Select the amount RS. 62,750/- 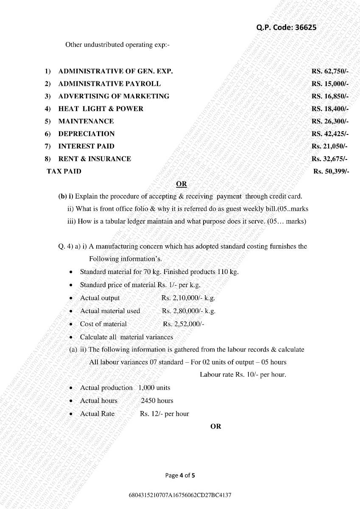[x=330, y=71]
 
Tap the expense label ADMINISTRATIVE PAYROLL [x=109, y=84]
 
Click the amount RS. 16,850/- [x=330, y=96]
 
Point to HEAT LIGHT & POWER [x=100, y=109]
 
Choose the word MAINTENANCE [x=86, y=121]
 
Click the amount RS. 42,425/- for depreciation [x=330, y=134]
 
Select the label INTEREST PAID [x=86, y=146]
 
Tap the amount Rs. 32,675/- [x=330, y=159]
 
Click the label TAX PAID [x=64, y=171]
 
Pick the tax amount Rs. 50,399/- [x=331, y=171]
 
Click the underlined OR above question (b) [x=181, y=184]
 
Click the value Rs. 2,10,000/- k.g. [x=188, y=298]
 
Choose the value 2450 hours [x=157, y=401]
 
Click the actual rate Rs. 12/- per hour [x=164, y=414]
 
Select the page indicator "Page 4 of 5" [x=180, y=475]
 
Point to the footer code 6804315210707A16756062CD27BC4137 [x=180, y=495]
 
